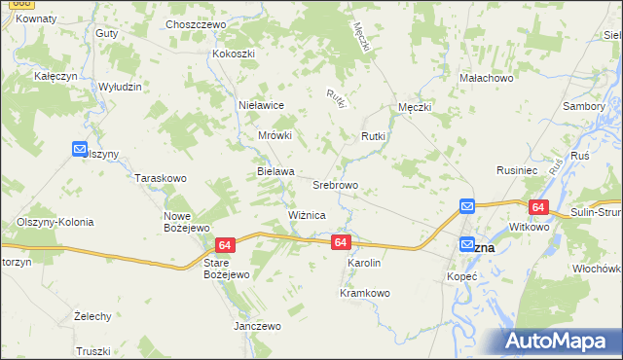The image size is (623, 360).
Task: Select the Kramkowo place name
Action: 364,293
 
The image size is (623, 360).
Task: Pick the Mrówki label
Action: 275,136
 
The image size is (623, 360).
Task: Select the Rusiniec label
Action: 518,169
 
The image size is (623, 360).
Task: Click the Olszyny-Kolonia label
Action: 55,222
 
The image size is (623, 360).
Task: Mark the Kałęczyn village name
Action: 56,74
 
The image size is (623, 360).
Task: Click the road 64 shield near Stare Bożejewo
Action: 226,246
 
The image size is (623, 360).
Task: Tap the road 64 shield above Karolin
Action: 340,241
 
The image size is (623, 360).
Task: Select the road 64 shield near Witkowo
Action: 538,207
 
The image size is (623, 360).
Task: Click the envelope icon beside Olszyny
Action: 80,149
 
